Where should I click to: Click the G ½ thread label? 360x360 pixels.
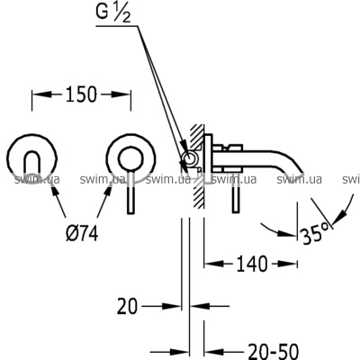(113, 13)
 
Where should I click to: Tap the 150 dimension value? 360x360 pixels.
(81, 94)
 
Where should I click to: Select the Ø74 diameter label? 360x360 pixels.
(82, 233)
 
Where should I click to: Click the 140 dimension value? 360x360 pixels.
(251, 264)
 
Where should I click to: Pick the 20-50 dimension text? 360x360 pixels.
(274, 352)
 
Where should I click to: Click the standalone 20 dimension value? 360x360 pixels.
(127, 306)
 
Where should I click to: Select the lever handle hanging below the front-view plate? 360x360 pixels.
(130, 192)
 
